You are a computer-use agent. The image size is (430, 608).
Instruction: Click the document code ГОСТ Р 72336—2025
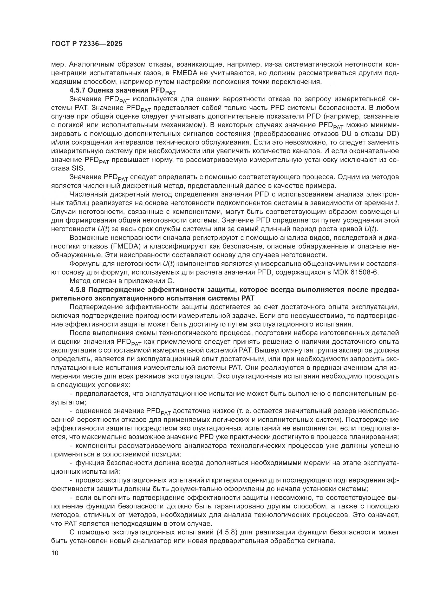pos(87,44)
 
